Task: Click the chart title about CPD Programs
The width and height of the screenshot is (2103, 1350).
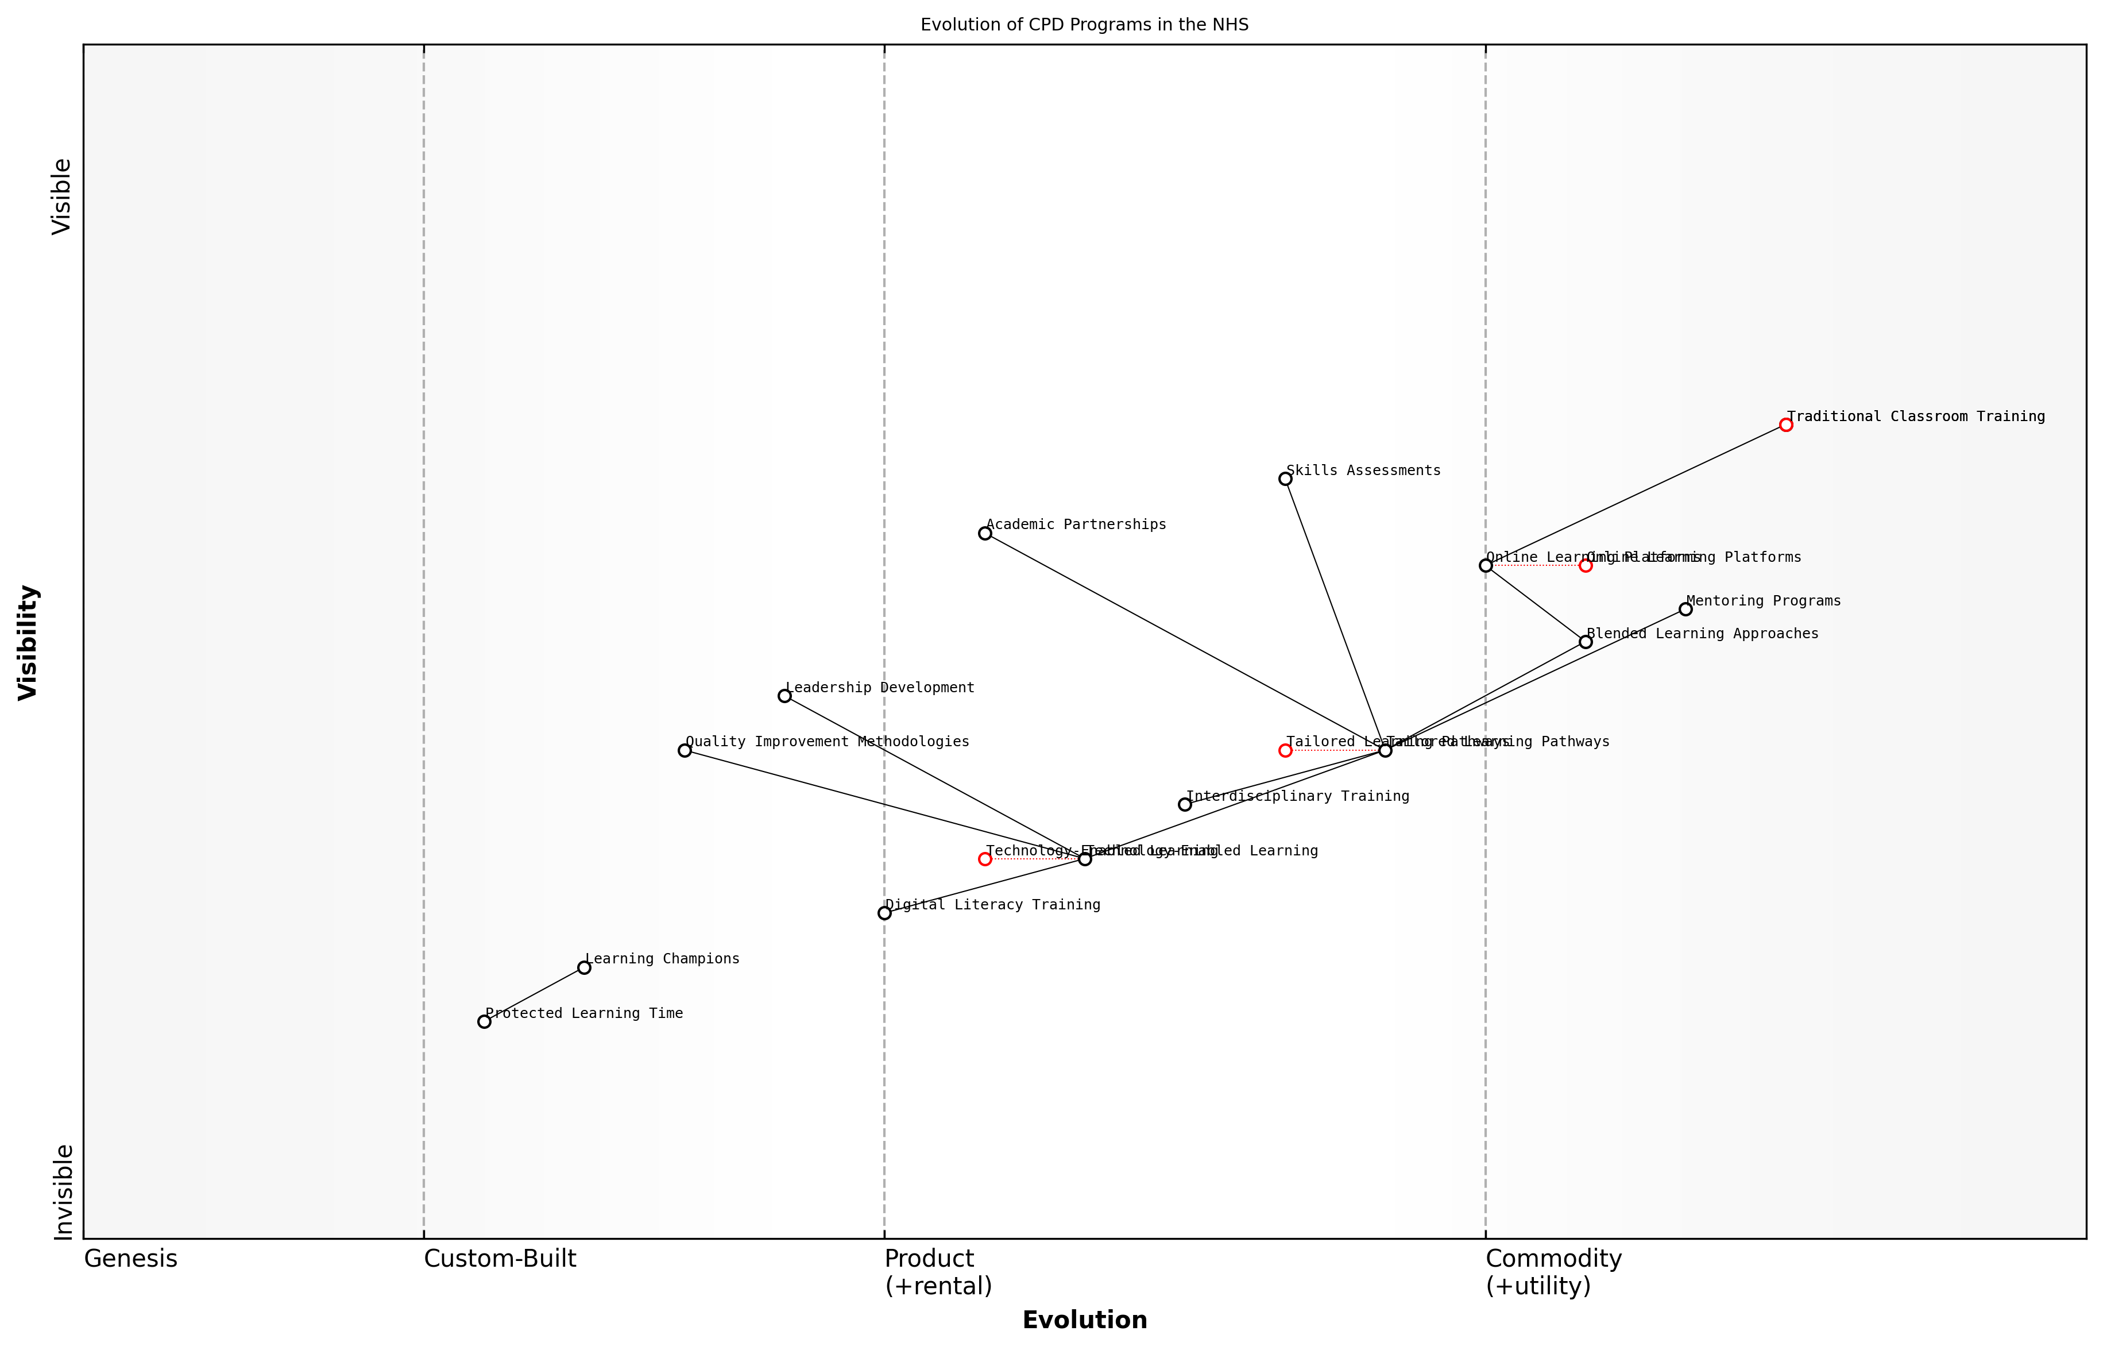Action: tap(1084, 25)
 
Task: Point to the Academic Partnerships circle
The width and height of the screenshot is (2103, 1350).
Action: tap(985, 533)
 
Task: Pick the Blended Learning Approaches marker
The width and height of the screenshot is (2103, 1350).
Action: tap(1585, 642)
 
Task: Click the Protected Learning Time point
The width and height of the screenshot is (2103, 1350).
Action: tap(484, 1022)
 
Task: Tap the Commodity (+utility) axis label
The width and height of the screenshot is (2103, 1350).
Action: tap(1553, 1272)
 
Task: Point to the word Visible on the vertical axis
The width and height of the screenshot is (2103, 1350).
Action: tap(61, 196)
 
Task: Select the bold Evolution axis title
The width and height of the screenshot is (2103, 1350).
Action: tap(1084, 1320)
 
